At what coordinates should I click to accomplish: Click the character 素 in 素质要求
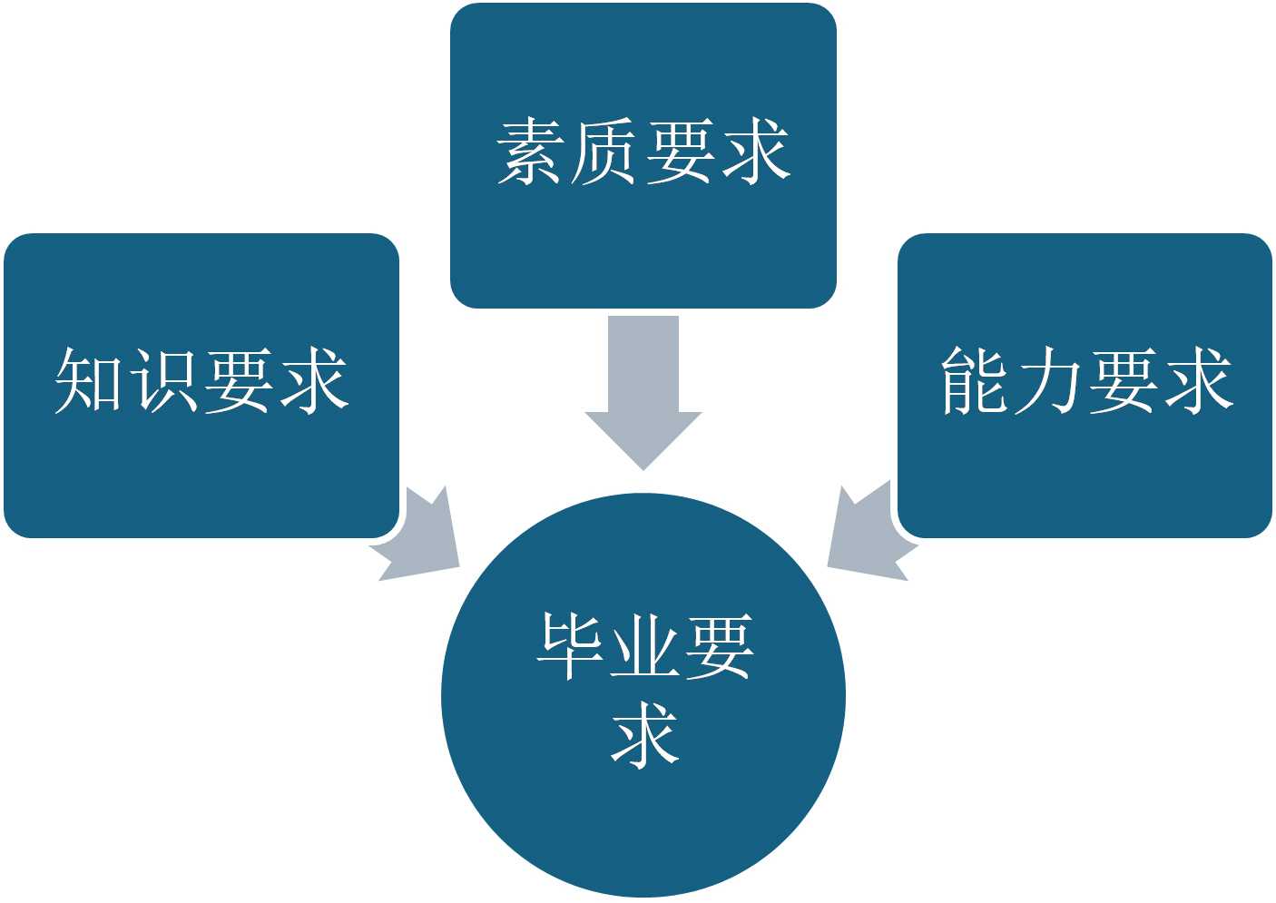pos(531,152)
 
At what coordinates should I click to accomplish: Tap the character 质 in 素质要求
pos(605,152)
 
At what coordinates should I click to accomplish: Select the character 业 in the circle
pos(644,647)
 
